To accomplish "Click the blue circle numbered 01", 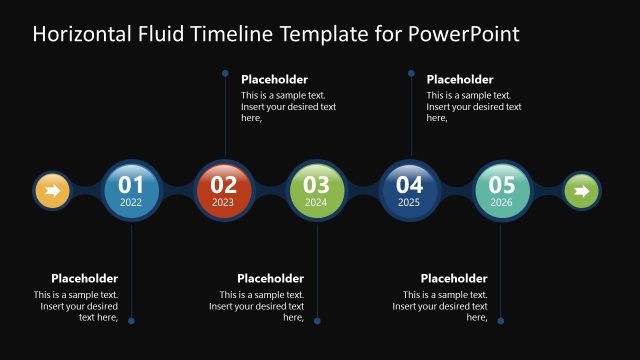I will pyautogui.click(x=131, y=189).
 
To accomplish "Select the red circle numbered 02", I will pyautogui.click(x=224, y=189).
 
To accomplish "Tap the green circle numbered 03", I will pyautogui.click(x=316, y=189).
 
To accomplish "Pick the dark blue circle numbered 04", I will pyautogui.click(x=409, y=189).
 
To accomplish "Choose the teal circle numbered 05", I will pyautogui.click(x=502, y=189).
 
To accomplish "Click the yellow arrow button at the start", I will pyautogui.click(x=52, y=190).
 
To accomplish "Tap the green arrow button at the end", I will pyautogui.click(x=581, y=190).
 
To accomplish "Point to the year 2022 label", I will pyautogui.click(x=131, y=202).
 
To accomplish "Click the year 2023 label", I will pyautogui.click(x=223, y=202).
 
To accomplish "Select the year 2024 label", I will pyautogui.click(x=316, y=202).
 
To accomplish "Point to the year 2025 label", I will pyautogui.click(x=409, y=202).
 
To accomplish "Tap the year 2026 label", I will pyautogui.click(x=502, y=202).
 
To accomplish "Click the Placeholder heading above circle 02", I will pyautogui.click(x=274, y=80).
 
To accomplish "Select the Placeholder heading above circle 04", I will pyautogui.click(x=460, y=80).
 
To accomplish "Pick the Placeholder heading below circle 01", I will pyautogui.click(x=84, y=279).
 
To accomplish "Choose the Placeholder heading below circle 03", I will pyautogui.click(x=270, y=279).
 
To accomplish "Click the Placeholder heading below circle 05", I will pyautogui.click(x=454, y=279).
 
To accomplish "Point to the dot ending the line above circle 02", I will pyautogui.click(x=225, y=73).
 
